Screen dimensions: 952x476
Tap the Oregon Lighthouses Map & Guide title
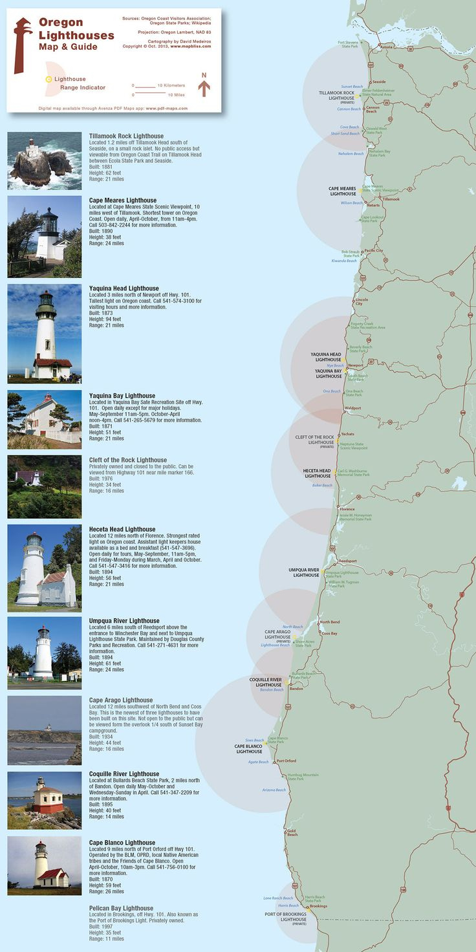tap(67, 34)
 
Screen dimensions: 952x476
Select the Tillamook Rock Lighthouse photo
tap(45, 160)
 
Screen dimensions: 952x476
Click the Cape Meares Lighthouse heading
tap(123, 200)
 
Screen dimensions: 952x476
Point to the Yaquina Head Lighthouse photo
tap(45, 334)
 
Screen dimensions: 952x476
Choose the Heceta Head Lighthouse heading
tap(122, 529)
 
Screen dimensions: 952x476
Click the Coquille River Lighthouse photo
tap(45, 800)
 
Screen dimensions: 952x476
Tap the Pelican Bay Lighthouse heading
tap(121, 909)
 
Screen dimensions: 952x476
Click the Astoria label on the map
tap(387, 47)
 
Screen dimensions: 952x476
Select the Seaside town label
tap(379, 82)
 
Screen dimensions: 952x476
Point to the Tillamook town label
tap(391, 199)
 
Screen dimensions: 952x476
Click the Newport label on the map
tap(356, 365)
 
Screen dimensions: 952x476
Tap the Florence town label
tap(347, 510)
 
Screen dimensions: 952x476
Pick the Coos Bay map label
tap(330, 633)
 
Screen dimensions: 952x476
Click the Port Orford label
tap(287, 761)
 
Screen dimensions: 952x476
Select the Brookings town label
tap(318, 906)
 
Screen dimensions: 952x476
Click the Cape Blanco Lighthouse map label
tap(248, 749)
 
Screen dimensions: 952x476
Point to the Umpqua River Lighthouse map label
tap(304, 572)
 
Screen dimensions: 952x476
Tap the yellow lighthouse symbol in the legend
tap(49, 79)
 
